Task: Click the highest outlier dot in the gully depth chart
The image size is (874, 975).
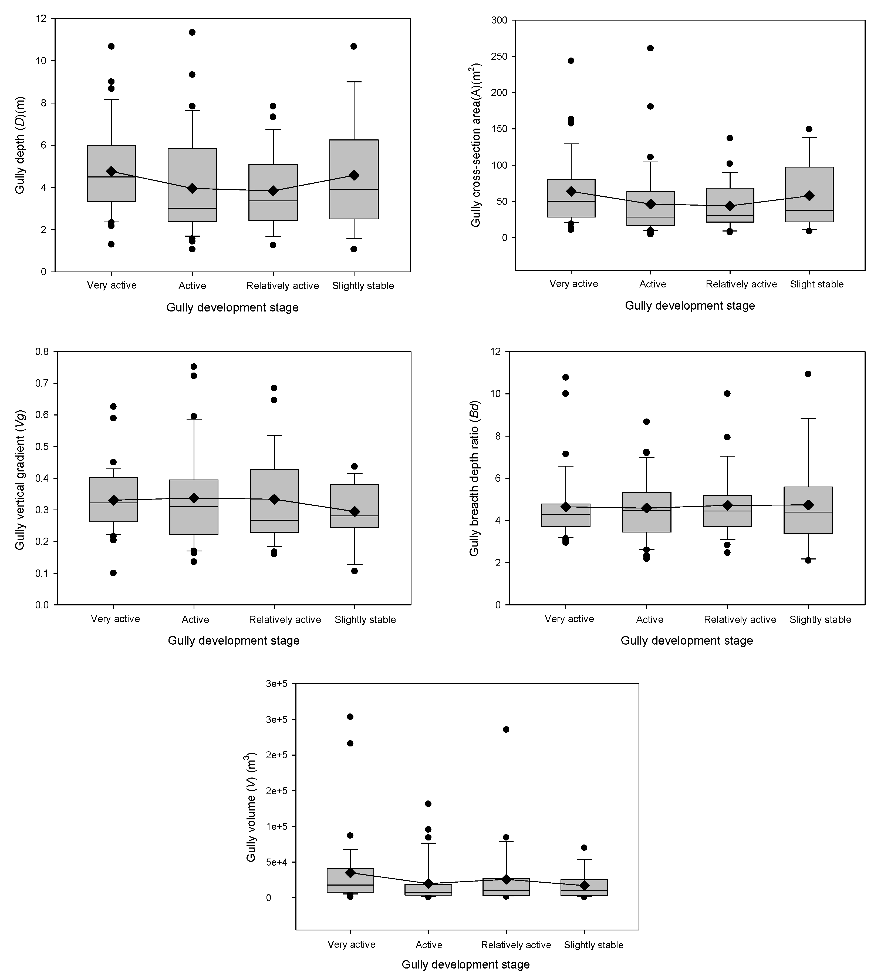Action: (192, 32)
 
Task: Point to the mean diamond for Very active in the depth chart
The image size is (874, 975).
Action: (112, 171)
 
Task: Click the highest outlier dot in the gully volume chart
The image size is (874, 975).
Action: (350, 716)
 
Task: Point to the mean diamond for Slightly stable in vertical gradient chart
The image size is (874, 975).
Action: (355, 511)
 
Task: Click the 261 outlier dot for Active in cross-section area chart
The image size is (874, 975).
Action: (650, 48)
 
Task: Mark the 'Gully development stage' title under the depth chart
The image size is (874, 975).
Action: (232, 307)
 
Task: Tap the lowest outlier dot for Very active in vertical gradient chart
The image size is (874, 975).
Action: (113, 573)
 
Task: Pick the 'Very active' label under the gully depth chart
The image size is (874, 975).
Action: (112, 286)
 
